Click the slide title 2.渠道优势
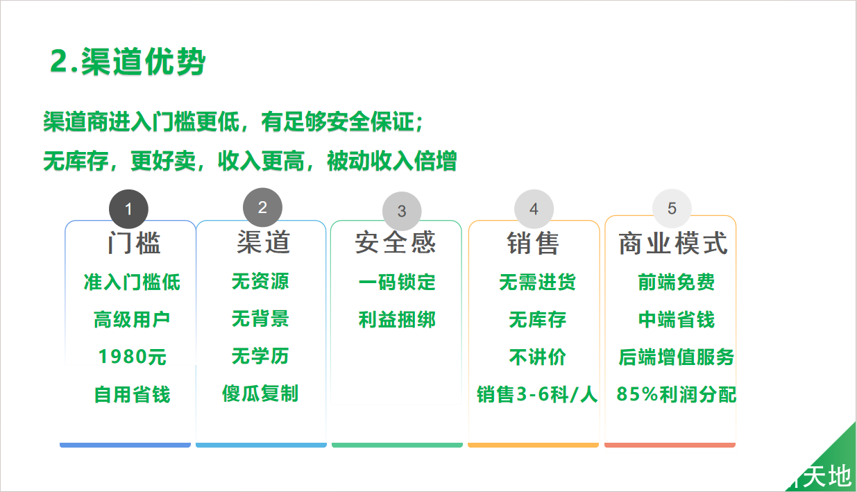point(128,61)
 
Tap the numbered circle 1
point(128,209)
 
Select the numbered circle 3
point(402,211)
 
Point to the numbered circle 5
point(672,208)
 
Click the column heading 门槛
point(133,243)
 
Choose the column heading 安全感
point(396,242)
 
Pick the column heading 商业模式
point(673,243)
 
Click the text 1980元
point(133,357)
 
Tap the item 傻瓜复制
point(260,393)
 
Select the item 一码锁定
point(397,282)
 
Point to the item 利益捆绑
point(397,319)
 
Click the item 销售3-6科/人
point(537,394)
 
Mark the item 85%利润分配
point(677,394)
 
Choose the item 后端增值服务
point(677,357)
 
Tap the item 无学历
point(260,356)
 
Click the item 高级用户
point(132,319)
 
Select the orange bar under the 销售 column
point(534,445)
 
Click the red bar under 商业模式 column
point(670,445)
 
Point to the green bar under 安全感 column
point(397,445)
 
